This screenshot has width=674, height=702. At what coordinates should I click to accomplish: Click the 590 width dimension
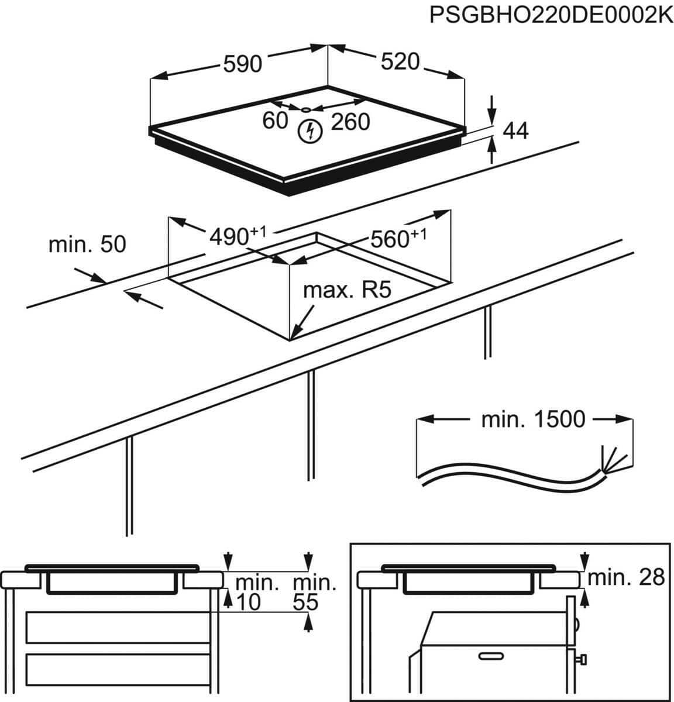coord(242,63)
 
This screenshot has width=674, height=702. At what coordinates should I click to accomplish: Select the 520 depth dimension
coord(400,61)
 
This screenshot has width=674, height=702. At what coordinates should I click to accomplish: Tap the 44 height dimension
coord(515,131)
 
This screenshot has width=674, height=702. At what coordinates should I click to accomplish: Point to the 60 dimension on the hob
coord(275,121)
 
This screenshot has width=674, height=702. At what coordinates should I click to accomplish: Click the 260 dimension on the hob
coord(350,122)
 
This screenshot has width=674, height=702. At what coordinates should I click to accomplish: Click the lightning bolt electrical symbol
coord(309,131)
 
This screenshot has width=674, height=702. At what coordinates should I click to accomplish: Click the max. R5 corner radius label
coord(346,290)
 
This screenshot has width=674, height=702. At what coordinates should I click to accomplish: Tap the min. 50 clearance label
coord(87,244)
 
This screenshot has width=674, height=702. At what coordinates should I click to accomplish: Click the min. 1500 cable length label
coord(532,419)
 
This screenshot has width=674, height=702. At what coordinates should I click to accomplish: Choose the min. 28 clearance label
coord(627,577)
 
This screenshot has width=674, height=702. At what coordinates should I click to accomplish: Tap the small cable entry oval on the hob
coord(307,109)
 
